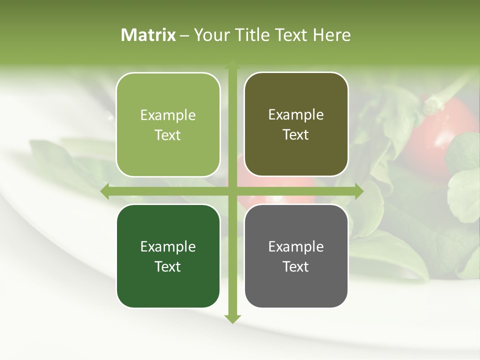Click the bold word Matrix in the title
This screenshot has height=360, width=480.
click(148, 35)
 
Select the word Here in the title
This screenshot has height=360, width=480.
click(332, 35)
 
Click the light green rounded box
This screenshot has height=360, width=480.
click(168, 124)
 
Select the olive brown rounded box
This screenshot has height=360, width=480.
click(296, 124)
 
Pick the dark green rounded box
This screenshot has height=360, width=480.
click(168, 256)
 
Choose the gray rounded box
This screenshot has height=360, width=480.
click(296, 256)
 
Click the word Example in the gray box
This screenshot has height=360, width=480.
click(296, 246)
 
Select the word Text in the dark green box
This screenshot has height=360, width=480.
click(168, 266)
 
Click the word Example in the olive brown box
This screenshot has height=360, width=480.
click(296, 115)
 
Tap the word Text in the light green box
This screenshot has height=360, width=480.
click(168, 135)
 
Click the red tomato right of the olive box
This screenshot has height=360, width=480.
click(440, 132)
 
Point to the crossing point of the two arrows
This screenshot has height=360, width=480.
click(232, 191)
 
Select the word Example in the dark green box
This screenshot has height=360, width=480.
click(168, 246)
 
